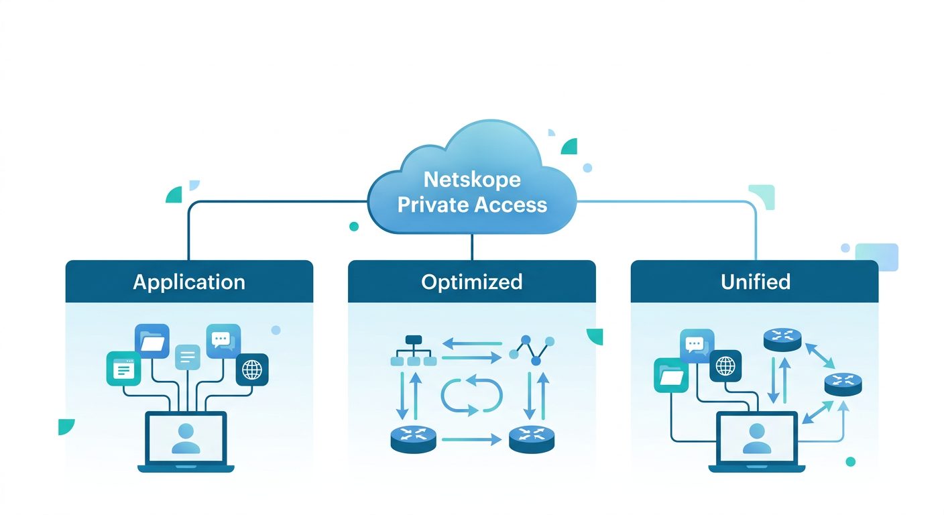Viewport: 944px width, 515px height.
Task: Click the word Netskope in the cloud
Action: tap(472, 180)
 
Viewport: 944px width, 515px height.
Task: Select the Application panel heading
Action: tap(189, 282)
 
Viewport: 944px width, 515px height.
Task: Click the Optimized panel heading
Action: tap(471, 282)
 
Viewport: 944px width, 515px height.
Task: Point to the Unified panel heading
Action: tap(755, 282)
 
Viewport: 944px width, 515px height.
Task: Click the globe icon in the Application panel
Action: tap(252, 369)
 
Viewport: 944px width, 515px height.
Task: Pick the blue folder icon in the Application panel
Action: tap(152, 341)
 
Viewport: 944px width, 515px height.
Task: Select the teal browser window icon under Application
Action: tap(123, 369)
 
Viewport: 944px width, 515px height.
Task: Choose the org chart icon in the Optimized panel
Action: tap(413, 351)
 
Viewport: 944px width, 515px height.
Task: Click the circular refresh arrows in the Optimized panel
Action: tap(471, 394)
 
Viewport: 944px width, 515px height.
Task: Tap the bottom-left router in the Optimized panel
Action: tap(413, 439)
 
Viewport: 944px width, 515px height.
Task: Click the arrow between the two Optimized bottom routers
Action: tap(471, 440)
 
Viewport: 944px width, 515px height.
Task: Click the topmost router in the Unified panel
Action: tap(782, 339)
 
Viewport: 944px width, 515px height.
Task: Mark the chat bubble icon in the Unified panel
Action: tap(695, 346)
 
